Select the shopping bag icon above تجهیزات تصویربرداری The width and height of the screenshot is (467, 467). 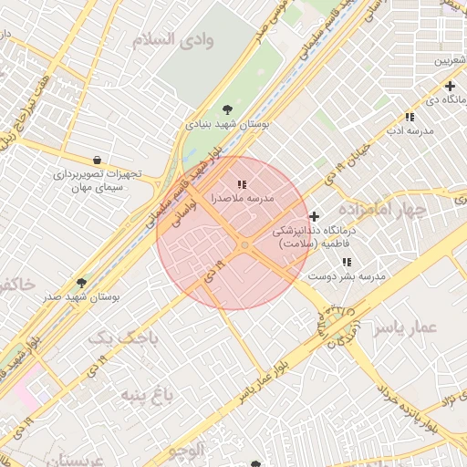tap(98, 160)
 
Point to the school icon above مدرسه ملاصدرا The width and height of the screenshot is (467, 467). tap(241, 161)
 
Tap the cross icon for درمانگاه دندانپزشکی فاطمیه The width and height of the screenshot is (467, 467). tap(315, 217)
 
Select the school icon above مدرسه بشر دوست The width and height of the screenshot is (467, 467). tap(347, 263)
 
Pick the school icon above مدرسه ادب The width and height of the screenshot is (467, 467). tap(410, 118)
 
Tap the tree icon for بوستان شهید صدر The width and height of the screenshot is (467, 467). tap(81, 284)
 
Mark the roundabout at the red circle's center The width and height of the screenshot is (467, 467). tap(244, 245)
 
